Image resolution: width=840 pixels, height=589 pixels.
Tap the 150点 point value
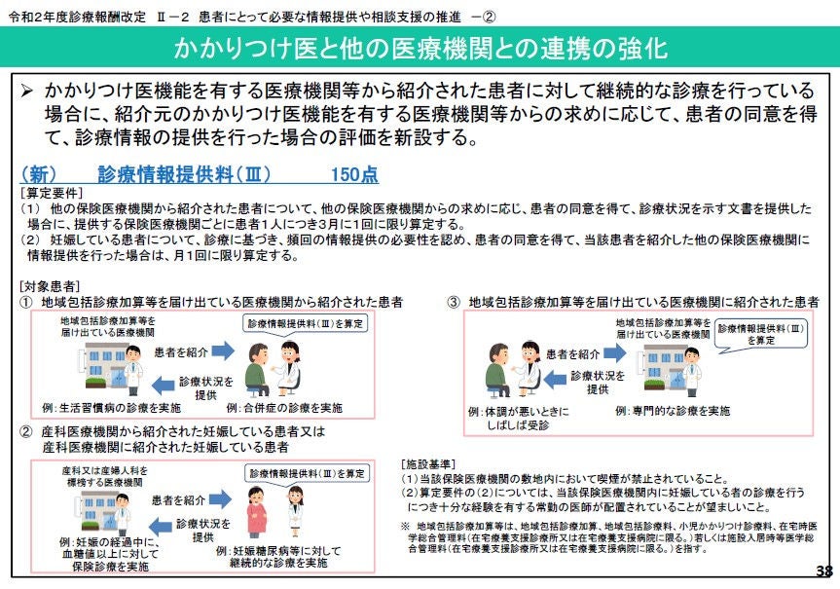[x=354, y=174]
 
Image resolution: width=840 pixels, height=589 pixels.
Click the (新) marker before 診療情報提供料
[x=39, y=174]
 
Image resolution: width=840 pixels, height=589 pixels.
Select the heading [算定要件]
[x=52, y=193]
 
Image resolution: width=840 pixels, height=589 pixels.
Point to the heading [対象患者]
[x=50, y=286]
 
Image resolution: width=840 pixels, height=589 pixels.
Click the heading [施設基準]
[x=428, y=464]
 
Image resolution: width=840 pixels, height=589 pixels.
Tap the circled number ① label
[x=26, y=302]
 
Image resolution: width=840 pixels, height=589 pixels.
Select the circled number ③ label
[x=454, y=302]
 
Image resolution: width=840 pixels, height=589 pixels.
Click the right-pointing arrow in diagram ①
[x=223, y=351]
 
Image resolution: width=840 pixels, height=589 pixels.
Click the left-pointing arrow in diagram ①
[x=163, y=385]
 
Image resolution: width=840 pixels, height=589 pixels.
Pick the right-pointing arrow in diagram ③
[x=614, y=352]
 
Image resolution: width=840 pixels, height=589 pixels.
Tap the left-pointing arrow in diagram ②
[x=160, y=527]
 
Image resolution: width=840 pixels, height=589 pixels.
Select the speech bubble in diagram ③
[x=761, y=336]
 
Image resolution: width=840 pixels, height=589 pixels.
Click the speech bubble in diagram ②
[x=307, y=474]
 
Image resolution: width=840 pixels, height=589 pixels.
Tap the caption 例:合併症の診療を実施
[x=284, y=408]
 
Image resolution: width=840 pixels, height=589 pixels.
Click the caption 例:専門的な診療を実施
[x=673, y=411]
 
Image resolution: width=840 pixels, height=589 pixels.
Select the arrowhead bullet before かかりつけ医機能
[x=27, y=92]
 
